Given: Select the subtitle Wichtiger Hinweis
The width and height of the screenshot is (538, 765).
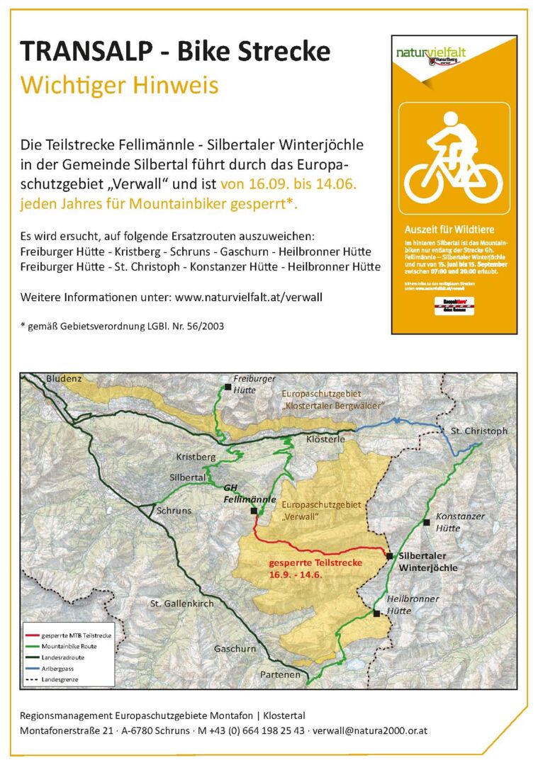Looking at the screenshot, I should (119, 85).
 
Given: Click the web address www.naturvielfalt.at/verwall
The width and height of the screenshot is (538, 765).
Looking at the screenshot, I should (248, 297).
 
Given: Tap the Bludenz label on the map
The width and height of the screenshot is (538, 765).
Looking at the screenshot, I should (65, 379).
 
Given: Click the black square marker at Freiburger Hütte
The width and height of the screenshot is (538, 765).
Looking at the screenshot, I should (228, 387).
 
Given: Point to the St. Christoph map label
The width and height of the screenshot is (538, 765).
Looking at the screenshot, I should (478, 431).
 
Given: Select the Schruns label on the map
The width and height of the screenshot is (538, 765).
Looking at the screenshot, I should (174, 510).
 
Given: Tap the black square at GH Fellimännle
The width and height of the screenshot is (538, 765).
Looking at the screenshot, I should (254, 510).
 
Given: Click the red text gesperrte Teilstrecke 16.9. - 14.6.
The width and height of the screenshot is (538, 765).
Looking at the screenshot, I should (315, 568).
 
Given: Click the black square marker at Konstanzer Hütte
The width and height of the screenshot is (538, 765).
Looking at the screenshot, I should (426, 522).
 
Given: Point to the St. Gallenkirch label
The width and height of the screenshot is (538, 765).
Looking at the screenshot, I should (181, 603).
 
